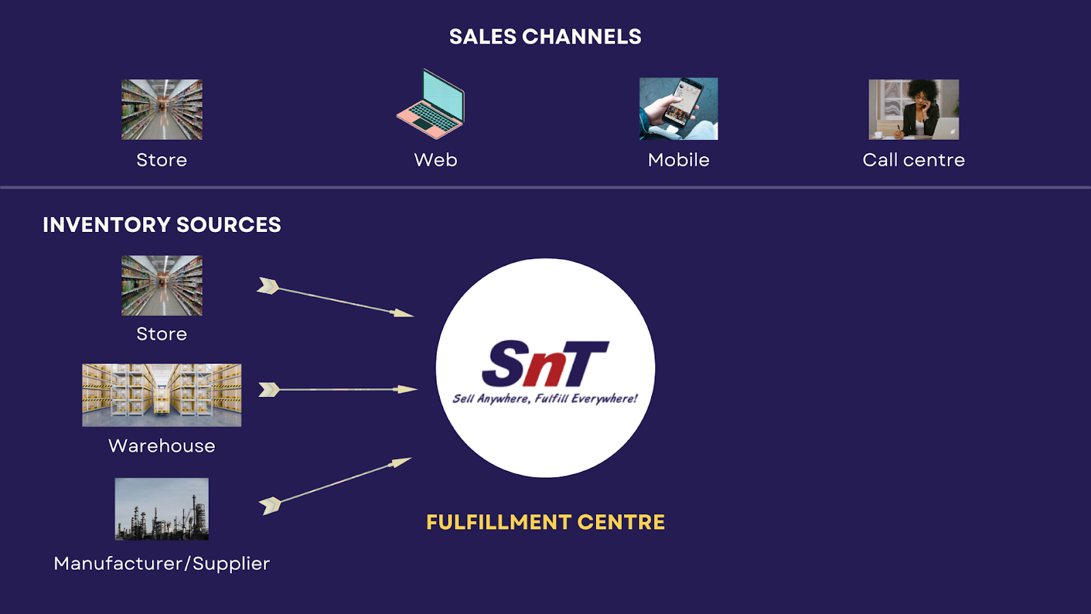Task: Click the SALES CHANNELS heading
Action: coord(545,37)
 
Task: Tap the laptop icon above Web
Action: coord(431,104)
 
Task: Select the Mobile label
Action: coord(678,160)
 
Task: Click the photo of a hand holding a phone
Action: coord(678,109)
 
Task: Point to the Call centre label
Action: coord(913,160)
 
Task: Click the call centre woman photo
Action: coord(913,109)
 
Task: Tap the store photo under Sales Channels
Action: coord(162,109)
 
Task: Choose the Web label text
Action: coord(436,160)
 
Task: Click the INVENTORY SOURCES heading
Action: coord(162,224)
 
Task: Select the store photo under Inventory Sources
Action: coord(162,285)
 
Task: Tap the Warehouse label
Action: coord(162,445)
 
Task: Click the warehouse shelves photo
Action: coord(162,395)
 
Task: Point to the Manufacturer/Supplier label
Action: coord(162,564)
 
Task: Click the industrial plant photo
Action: coord(162,509)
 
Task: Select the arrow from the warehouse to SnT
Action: coord(338,390)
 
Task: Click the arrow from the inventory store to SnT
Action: coord(335,299)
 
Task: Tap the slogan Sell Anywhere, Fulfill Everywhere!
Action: coord(545,398)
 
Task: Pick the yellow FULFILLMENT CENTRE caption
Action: coord(545,522)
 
